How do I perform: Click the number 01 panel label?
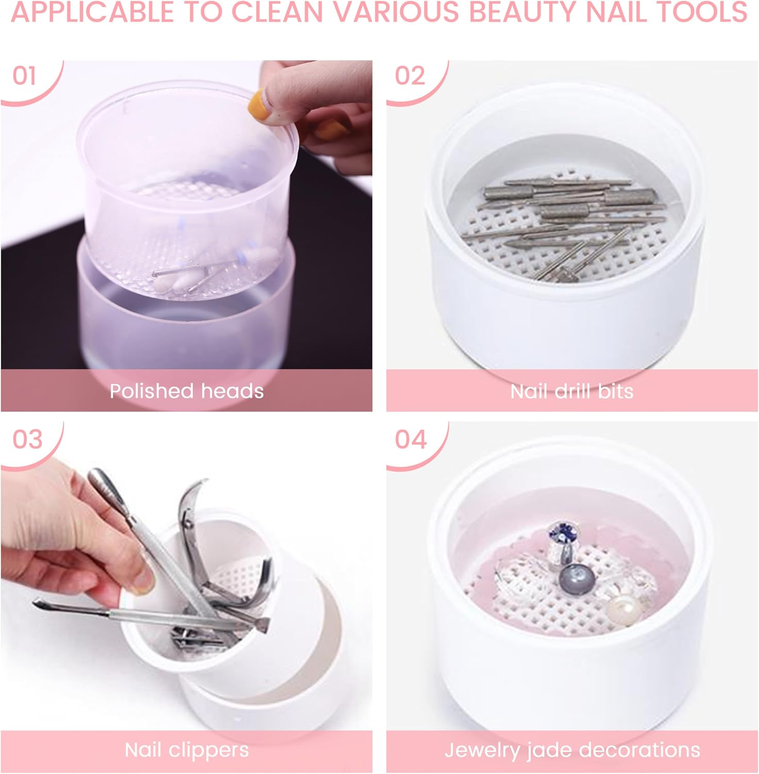(x=24, y=76)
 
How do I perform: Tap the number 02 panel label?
(x=410, y=76)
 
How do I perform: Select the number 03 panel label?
(x=27, y=440)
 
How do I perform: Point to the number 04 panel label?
(x=411, y=440)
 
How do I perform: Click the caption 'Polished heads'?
(x=186, y=391)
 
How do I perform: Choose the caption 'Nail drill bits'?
(x=572, y=391)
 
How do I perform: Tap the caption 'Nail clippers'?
(x=186, y=750)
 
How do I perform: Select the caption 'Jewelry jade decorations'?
(x=572, y=750)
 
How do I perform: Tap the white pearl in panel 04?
(x=623, y=610)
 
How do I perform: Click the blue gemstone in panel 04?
(x=562, y=532)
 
